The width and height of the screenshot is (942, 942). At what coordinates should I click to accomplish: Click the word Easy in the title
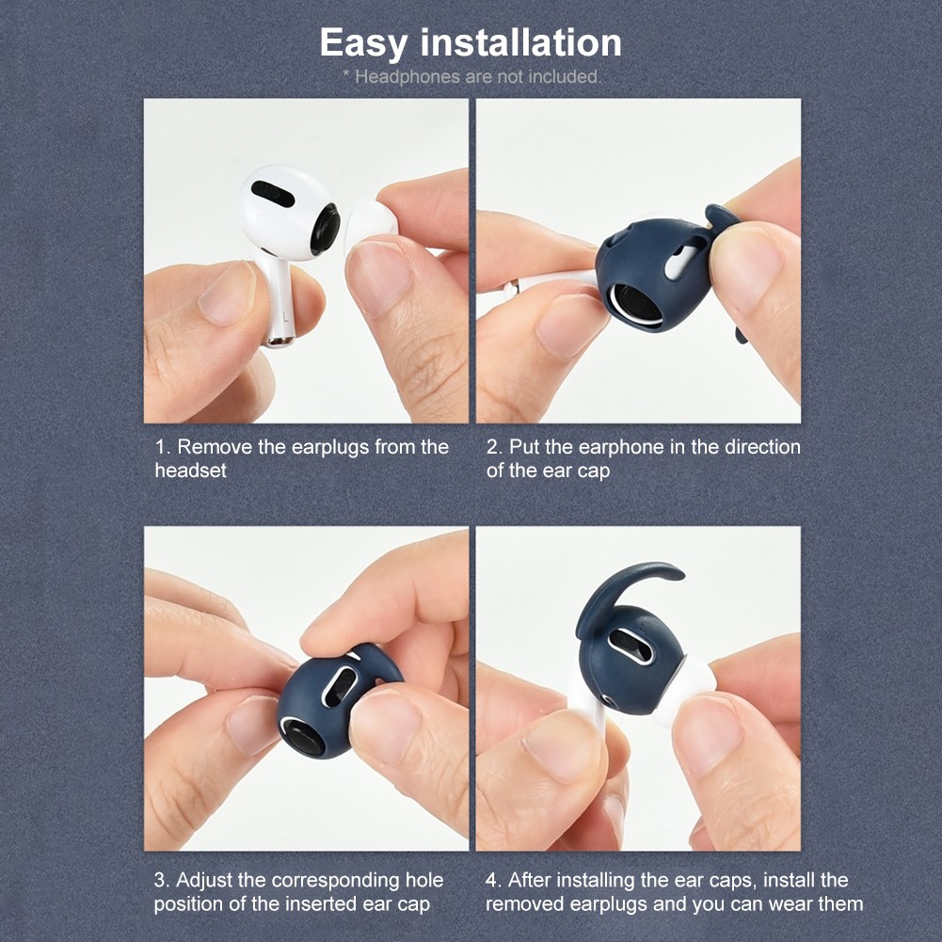click(362, 43)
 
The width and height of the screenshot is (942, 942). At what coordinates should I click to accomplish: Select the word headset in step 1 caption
click(191, 471)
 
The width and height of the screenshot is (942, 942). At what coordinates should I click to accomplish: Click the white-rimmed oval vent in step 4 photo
click(631, 646)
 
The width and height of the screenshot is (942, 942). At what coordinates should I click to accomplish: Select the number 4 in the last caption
click(491, 881)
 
